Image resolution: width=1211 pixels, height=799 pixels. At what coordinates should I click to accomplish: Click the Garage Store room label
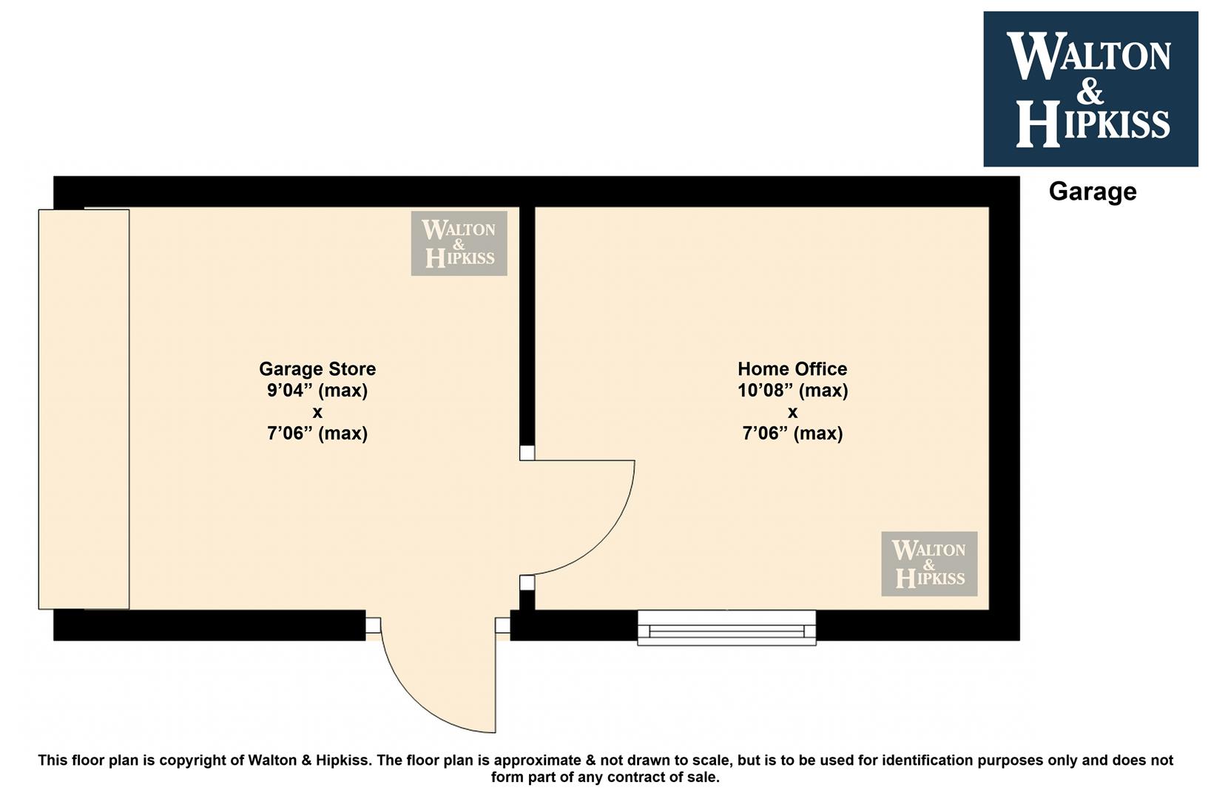click(x=317, y=368)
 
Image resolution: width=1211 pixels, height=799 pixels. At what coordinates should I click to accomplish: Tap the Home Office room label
click(x=792, y=368)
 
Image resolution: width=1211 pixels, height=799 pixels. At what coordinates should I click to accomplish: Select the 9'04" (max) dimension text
click(x=317, y=391)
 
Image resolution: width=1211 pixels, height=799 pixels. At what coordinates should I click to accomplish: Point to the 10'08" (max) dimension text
click(x=792, y=391)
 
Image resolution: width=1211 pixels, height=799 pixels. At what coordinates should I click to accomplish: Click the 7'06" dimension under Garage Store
click(x=317, y=433)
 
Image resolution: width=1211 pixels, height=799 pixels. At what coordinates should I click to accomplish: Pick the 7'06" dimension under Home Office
click(x=792, y=433)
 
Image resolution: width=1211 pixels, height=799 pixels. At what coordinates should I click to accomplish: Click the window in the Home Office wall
click(x=726, y=627)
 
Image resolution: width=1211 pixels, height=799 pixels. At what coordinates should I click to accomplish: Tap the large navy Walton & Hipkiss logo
click(x=1090, y=89)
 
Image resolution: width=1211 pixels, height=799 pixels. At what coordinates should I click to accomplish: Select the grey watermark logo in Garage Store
click(x=459, y=243)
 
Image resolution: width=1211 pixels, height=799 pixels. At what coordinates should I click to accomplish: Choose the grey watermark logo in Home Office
click(x=929, y=564)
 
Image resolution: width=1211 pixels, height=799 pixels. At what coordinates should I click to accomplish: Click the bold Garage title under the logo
click(x=1093, y=192)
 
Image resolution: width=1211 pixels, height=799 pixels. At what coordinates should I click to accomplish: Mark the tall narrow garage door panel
click(x=84, y=409)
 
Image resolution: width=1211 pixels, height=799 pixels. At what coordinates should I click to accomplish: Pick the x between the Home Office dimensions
click(x=792, y=413)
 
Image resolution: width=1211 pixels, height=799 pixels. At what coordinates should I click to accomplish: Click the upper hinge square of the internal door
click(x=527, y=453)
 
